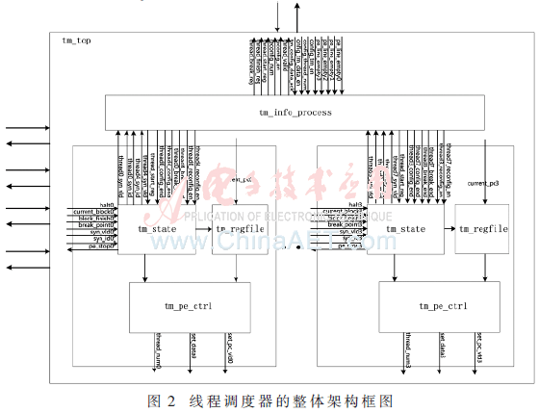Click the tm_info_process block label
[296, 113]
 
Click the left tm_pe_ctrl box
[190, 306]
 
